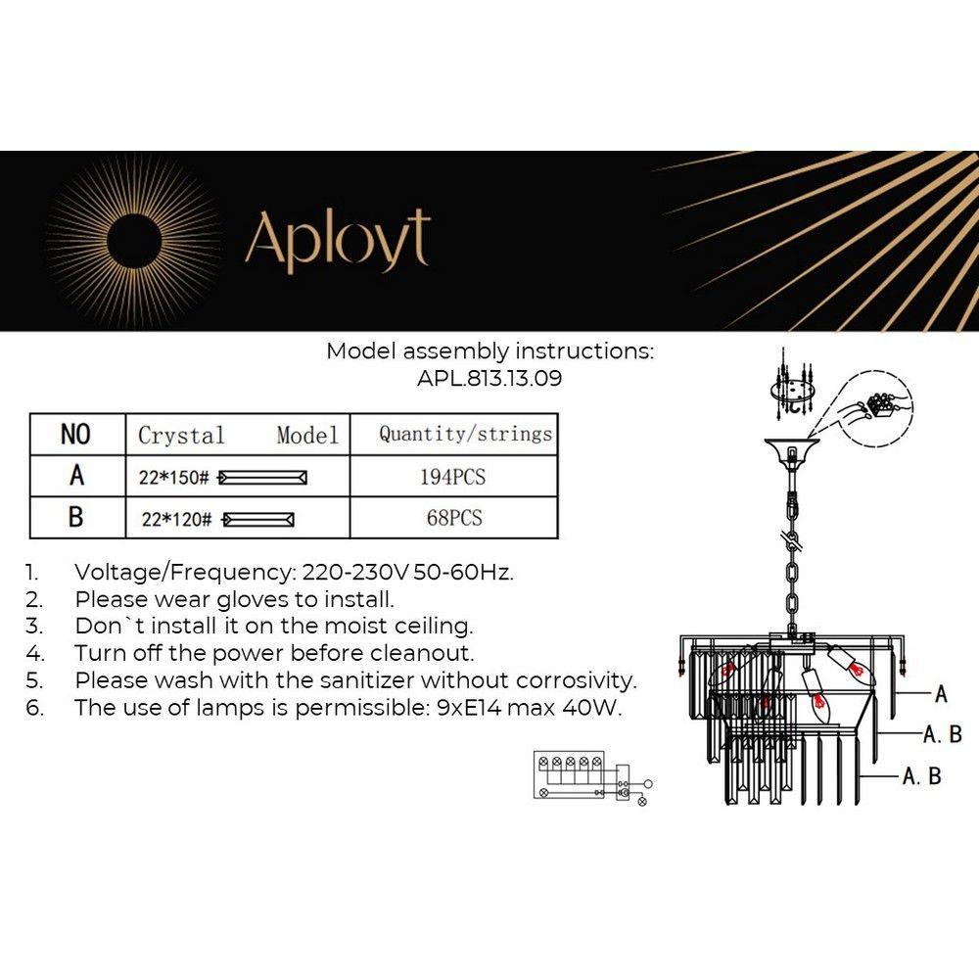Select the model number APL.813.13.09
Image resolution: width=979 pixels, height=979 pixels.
[490, 378]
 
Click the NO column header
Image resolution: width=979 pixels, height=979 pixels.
[75, 435]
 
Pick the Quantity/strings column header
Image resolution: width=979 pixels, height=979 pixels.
[465, 434]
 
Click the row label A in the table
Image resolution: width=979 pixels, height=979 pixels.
[75, 477]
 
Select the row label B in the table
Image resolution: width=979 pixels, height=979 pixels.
[75, 518]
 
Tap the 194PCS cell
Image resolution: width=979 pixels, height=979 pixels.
[452, 477]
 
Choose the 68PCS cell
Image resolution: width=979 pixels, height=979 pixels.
[453, 518]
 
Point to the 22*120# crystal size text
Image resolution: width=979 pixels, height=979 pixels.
[176, 520]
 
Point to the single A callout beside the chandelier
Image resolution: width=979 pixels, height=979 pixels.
[941, 694]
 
